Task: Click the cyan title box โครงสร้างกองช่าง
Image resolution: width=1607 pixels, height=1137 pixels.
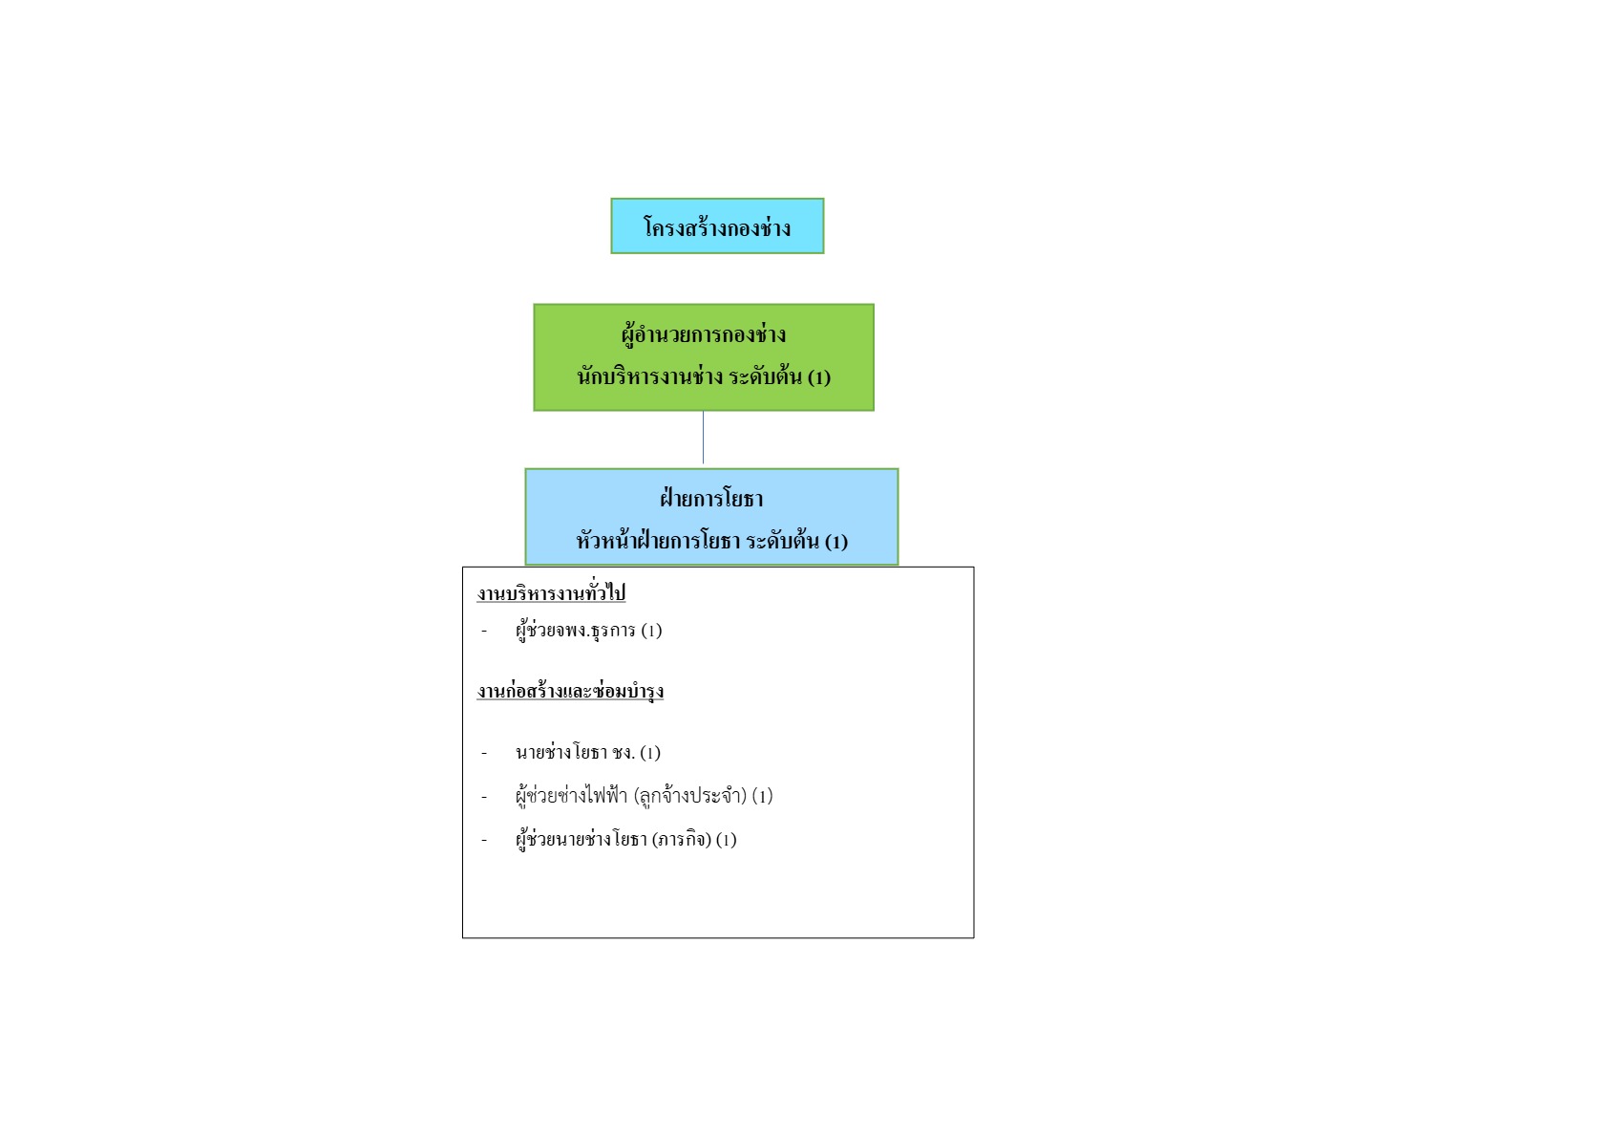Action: [717, 226]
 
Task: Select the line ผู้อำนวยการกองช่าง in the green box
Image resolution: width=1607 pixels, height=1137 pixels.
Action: [704, 335]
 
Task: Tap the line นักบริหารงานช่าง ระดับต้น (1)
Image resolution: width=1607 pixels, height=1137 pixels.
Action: [704, 376]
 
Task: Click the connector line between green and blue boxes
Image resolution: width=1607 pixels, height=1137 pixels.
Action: [703, 438]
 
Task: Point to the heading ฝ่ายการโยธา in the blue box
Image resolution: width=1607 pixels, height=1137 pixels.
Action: [711, 498]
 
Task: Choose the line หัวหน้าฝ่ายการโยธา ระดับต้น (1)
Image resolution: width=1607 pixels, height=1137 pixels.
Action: [711, 541]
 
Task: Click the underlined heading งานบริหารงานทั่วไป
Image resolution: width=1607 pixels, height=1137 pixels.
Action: [551, 593]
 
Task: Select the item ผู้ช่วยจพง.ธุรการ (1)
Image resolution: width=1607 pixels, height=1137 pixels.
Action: [588, 631]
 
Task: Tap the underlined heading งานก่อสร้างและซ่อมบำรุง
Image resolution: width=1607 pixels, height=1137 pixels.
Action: [570, 691]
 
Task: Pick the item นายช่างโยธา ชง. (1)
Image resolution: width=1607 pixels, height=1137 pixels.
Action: [587, 752]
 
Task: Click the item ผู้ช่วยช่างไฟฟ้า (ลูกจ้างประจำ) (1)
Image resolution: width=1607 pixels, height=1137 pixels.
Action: [644, 796]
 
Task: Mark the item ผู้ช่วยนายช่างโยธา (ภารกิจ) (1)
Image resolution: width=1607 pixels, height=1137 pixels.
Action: [625, 839]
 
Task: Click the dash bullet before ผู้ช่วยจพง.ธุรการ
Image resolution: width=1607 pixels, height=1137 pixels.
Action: [484, 632]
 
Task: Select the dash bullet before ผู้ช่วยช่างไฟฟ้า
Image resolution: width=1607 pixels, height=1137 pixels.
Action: [484, 797]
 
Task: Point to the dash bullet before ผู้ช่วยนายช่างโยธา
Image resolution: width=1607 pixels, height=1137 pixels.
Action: [484, 840]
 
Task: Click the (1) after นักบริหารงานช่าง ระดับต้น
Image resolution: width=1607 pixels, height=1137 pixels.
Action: [819, 377]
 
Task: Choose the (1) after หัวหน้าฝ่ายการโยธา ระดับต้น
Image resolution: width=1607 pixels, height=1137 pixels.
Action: [836, 541]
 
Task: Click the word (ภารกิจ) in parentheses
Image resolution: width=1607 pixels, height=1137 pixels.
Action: [682, 839]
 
